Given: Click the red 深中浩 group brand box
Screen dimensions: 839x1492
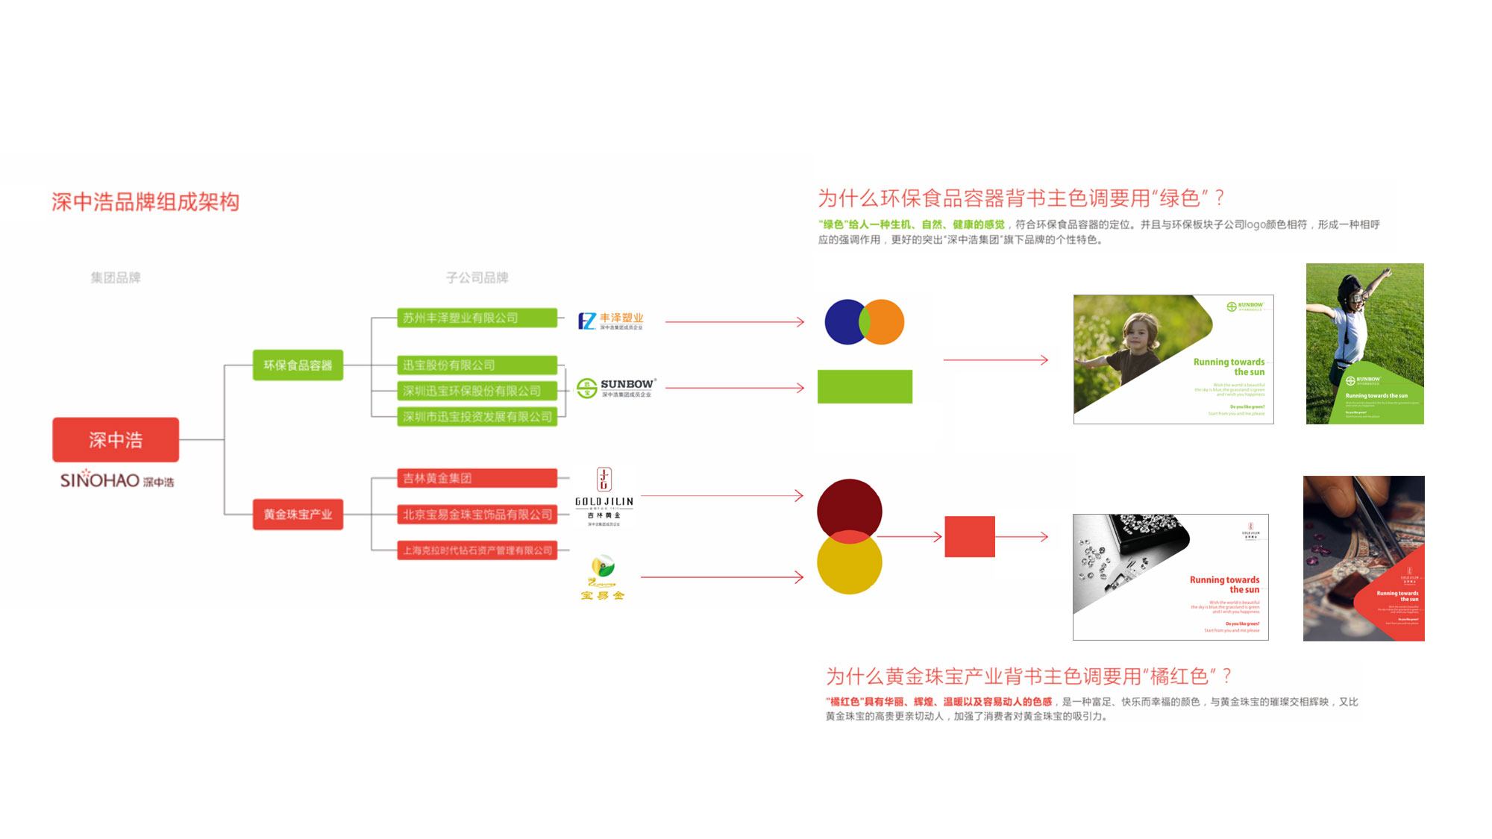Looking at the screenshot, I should (x=116, y=439).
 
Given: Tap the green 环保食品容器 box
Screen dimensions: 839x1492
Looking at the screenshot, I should (x=298, y=365).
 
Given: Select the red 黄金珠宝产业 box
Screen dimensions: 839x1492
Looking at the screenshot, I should (x=298, y=514).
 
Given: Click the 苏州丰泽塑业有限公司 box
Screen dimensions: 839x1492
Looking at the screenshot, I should (x=477, y=318).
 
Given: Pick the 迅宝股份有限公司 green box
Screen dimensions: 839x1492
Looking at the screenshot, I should (x=477, y=365).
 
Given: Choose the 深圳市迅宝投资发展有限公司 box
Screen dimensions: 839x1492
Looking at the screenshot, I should (x=477, y=416).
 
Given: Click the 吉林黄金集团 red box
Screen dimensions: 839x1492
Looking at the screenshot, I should (x=477, y=478).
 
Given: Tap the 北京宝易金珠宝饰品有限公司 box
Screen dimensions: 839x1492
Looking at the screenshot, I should (x=477, y=514).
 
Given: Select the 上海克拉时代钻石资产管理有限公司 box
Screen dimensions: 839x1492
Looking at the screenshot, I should (x=477, y=550).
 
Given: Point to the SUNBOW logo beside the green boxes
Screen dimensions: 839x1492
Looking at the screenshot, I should (x=617, y=387).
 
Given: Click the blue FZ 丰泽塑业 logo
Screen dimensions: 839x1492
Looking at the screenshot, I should (x=610, y=321).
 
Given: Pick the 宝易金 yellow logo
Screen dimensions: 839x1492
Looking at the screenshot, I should (x=603, y=578).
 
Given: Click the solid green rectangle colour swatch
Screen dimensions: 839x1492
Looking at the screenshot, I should (x=865, y=386).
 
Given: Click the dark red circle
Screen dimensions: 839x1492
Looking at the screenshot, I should (x=849, y=507).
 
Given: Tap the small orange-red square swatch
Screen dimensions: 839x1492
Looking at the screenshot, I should (x=969, y=536).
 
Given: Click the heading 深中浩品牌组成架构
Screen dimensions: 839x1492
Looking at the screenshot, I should (x=145, y=201).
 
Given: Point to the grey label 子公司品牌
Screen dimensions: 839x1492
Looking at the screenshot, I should (x=477, y=277).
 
